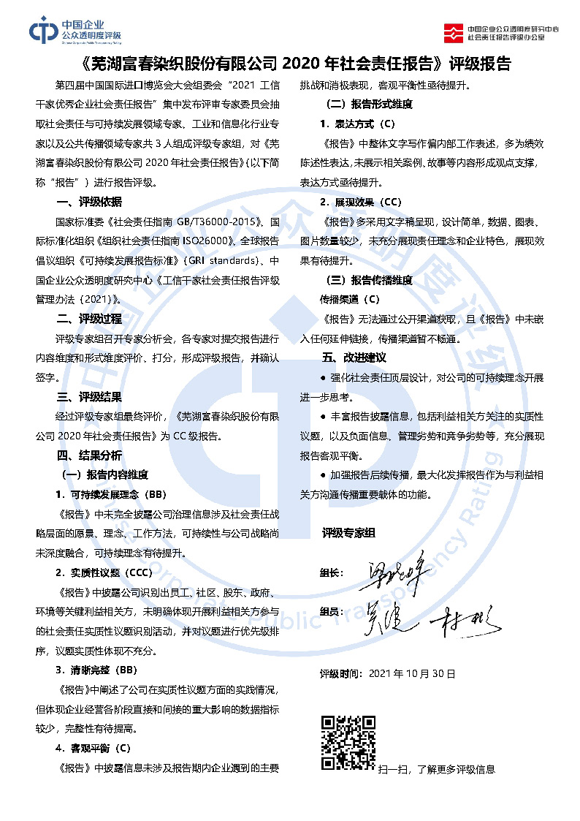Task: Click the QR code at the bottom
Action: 348,743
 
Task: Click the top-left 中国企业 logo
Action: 75,30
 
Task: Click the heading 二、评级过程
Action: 89,319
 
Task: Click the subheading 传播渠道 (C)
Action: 350,299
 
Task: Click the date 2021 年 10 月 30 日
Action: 413,673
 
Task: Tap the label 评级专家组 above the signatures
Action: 348,534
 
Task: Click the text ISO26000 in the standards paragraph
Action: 205,240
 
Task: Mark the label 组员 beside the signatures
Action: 332,611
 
